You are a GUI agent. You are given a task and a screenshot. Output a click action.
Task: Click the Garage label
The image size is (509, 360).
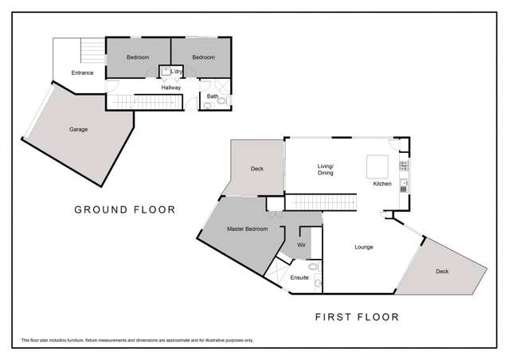tap(78, 129)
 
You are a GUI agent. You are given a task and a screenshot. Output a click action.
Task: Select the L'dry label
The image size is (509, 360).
tap(177, 72)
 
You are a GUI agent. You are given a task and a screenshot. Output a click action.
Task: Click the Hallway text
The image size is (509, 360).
tap(170, 88)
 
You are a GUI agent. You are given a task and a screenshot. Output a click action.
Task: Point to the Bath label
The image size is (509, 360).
tap(212, 96)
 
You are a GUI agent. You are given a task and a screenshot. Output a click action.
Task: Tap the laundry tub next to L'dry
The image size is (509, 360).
tap(166, 72)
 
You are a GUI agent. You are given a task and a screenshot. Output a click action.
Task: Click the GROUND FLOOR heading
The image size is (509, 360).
tap(124, 210)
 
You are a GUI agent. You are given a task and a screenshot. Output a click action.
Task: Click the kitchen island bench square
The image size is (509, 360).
tap(376, 166)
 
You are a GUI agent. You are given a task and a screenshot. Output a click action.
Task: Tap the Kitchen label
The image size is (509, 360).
tap(383, 184)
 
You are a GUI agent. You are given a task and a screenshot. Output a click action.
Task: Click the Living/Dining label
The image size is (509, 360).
tap(326, 169)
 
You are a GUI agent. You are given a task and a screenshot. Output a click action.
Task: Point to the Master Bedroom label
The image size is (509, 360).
tap(247, 229)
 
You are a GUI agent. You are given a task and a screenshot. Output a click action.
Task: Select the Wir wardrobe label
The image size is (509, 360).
tap(301, 246)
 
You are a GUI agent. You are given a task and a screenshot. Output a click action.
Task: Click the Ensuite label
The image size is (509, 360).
tap(300, 278)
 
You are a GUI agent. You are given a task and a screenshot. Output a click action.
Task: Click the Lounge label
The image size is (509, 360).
tap(363, 247)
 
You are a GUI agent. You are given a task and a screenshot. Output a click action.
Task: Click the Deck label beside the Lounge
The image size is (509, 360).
tap(441, 272)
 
